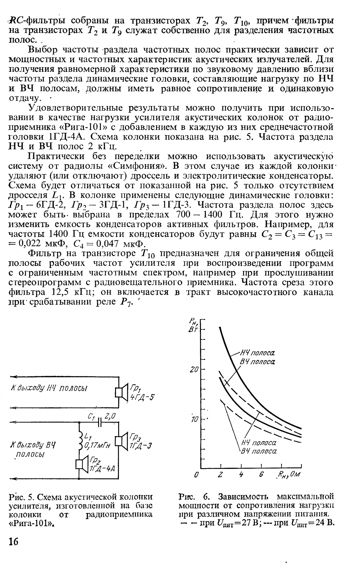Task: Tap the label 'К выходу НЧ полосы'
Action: [x=48, y=388]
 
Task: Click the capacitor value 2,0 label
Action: [x=110, y=416]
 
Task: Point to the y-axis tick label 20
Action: [x=194, y=370]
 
